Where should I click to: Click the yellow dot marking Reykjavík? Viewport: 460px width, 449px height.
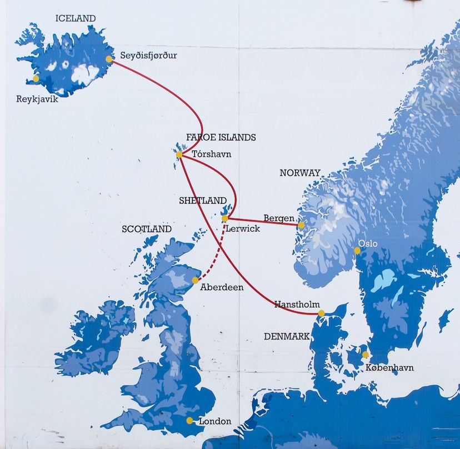(x=36, y=78)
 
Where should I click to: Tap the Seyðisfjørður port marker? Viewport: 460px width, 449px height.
(x=109, y=58)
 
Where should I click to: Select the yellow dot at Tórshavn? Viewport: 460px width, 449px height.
(x=179, y=154)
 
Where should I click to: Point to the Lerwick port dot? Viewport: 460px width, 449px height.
(x=224, y=219)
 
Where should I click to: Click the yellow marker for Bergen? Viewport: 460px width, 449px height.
(x=301, y=225)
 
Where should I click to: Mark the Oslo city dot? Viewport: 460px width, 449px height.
(x=357, y=251)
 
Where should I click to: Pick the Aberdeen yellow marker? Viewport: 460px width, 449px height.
(x=195, y=280)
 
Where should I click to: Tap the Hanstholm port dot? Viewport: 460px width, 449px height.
(x=321, y=313)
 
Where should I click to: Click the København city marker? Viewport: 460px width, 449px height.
(x=365, y=355)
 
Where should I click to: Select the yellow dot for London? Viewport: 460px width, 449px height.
(x=189, y=421)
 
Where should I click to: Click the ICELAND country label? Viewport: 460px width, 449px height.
(x=76, y=18)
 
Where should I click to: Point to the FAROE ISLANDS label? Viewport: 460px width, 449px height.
(x=221, y=137)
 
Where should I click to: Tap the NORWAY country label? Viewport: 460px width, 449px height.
(x=300, y=173)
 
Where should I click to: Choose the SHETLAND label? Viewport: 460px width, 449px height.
(x=203, y=201)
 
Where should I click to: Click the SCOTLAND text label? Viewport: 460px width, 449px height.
(x=147, y=229)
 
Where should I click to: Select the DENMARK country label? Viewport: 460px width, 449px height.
(x=287, y=336)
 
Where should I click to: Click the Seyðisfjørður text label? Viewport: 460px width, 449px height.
(x=148, y=56)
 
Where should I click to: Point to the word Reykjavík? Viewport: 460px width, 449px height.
(x=37, y=100)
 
